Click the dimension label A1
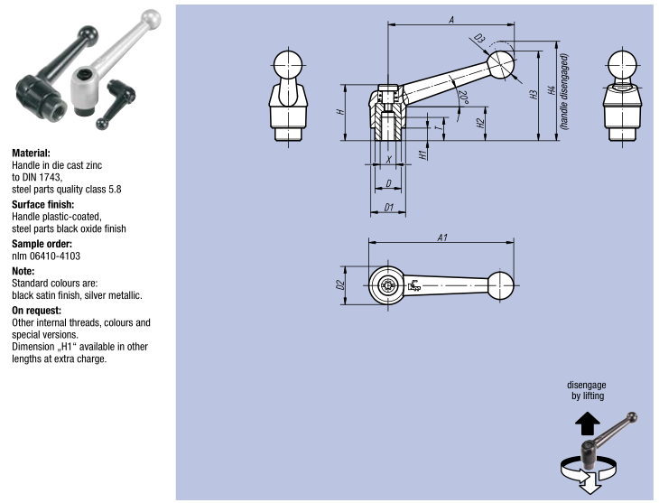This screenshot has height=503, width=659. (x=442, y=237)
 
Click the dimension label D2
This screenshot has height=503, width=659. (x=340, y=285)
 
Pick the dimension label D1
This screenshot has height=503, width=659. (x=388, y=208)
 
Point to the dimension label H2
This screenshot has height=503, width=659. (x=481, y=117)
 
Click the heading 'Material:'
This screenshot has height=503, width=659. (x=31, y=154)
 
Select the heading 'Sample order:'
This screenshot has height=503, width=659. (x=41, y=244)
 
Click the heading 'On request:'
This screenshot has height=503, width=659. (x=36, y=310)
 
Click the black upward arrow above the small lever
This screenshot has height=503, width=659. (x=587, y=422)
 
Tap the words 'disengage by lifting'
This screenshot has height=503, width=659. (x=587, y=390)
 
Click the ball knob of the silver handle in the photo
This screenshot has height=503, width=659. (x=149, y=20)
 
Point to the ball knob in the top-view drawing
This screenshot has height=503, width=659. (x=503, y=284)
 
